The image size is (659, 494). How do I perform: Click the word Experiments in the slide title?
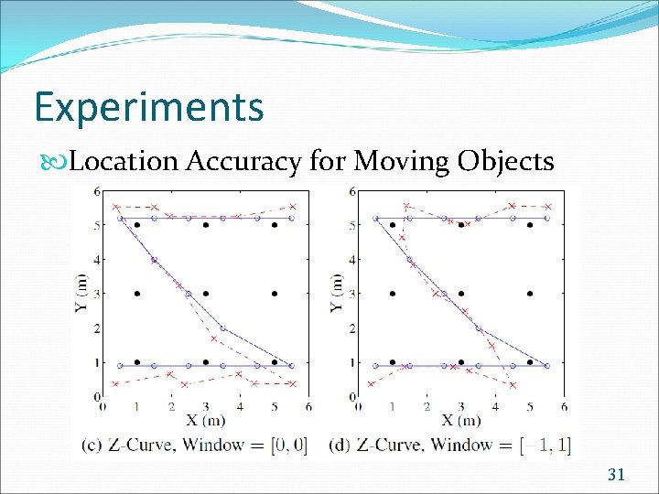149,107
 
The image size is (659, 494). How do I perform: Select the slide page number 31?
616,473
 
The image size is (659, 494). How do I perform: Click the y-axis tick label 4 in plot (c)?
97,260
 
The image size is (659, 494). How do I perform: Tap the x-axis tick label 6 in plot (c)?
308,407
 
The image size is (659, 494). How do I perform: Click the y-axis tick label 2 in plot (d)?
352,328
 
